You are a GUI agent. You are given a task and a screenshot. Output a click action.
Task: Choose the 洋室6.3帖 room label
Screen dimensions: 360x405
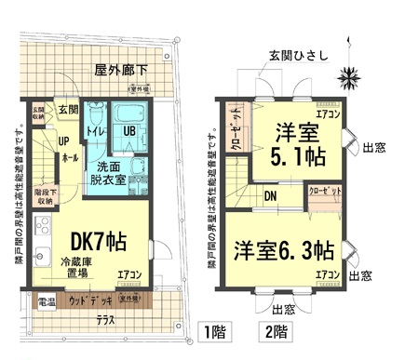[x=284, y=250]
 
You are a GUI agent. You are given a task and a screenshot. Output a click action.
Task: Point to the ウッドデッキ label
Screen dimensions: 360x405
[x=91, y=300]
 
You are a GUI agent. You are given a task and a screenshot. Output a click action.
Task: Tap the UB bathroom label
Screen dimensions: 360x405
[x=129, y=131]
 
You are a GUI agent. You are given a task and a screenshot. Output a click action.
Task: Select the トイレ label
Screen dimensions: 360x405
[x=94, y=132]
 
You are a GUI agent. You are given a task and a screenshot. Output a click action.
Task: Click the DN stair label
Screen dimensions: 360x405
[x=269, y=197]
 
